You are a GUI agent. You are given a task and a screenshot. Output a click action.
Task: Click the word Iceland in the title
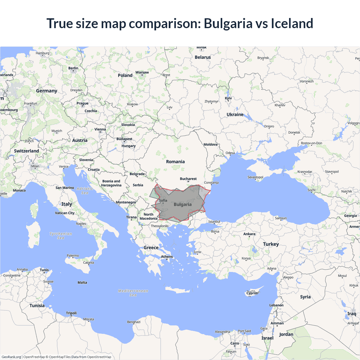[x=292, y=23]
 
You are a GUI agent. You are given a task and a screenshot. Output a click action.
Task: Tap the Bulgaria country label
[x=183, y=204]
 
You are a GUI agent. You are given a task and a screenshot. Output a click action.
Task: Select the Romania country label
[x=175, y=162]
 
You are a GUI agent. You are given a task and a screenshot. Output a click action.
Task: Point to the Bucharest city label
[x=188, y=179]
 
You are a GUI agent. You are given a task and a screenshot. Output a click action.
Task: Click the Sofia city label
[x=163, y=201]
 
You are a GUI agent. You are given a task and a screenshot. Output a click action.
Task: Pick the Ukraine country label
[x=235, y=114]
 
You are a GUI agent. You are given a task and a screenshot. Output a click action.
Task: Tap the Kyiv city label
[x=228, y=98]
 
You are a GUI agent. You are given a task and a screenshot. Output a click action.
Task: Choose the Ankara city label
[x=249, y=234]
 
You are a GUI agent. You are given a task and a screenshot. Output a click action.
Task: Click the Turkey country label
[x=271, y=244]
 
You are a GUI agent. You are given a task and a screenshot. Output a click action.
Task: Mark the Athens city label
[x=167, y=257]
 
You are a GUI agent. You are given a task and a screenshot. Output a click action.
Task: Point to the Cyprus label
[x=252, y=293]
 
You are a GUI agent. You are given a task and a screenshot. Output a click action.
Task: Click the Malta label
[x=82, y=283]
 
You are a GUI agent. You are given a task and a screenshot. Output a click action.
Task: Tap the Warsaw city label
[x=142, y=73]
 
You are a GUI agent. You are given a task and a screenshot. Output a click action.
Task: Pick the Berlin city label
[x=73, y=68]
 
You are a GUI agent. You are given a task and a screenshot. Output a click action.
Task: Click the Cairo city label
[x=235, y=343]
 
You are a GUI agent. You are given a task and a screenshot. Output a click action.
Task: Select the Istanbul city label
[x=214, y=222]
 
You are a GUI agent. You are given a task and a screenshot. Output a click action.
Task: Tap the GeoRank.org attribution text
[x=11, y=357]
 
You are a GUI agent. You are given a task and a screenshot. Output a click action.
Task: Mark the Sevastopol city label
[x=255, y=177]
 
